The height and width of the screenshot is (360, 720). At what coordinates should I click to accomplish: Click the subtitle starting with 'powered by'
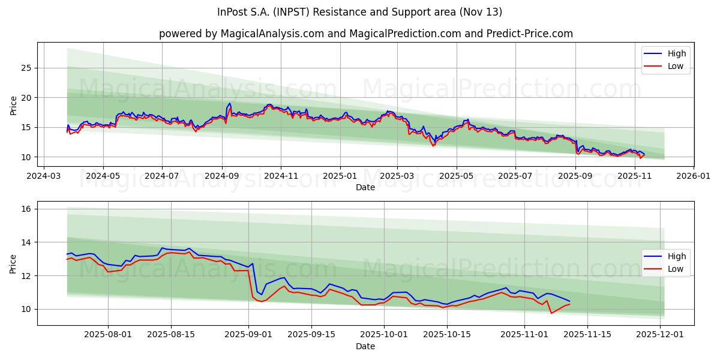coord(365,34)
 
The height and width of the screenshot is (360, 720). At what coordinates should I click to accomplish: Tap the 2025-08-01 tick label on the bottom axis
coord(108,335)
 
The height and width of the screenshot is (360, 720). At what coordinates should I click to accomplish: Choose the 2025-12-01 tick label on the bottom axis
coord(661,335)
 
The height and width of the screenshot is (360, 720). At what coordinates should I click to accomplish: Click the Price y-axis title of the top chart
coord(13,105)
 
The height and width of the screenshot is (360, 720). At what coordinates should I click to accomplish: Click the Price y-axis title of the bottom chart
coord(13,263)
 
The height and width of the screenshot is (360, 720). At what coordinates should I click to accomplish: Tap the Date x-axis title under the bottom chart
coord(365,346)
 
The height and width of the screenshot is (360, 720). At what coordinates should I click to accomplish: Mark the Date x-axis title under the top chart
coord(365,187)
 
